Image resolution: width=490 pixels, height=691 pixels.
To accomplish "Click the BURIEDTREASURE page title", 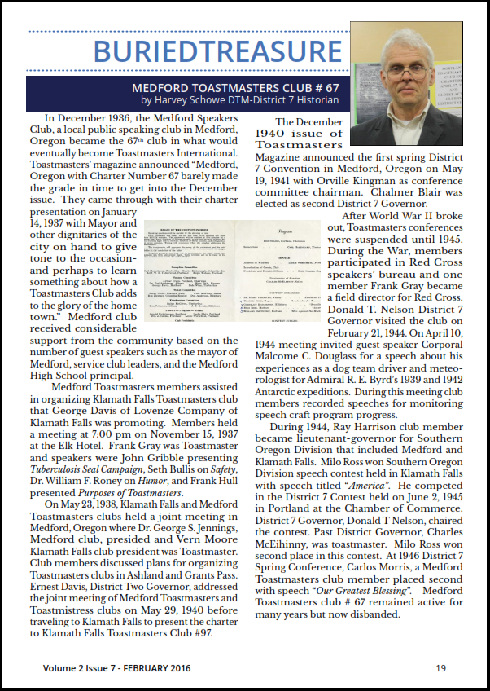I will tap(217, 50).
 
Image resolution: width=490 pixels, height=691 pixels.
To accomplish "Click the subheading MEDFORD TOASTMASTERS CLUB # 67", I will tap(235, 88).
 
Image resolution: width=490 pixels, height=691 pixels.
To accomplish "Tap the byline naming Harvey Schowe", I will tap(240, 100).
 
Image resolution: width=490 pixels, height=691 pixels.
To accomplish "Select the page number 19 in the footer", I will tap(440, 668).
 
